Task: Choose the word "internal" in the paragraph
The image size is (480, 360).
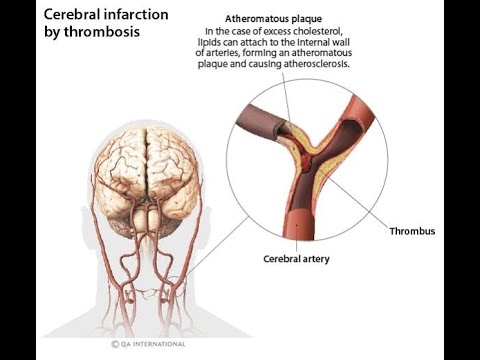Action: (336, 41)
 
